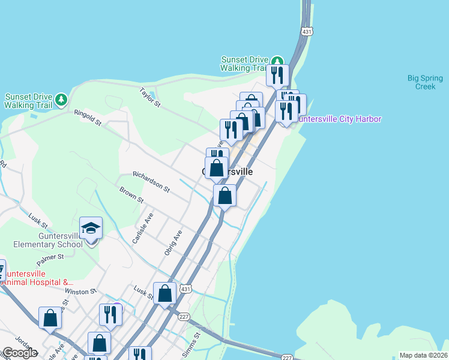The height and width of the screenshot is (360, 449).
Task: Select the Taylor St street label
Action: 149,98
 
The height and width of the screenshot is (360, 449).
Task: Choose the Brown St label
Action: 131,194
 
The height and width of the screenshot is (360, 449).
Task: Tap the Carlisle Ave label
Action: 143,228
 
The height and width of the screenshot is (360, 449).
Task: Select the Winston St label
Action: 80,292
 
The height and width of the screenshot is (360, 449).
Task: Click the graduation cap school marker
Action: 91,229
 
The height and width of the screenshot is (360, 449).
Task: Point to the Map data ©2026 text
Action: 423,355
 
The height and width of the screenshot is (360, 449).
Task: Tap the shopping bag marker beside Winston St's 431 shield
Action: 164,294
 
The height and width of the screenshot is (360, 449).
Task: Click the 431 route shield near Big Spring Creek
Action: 307,31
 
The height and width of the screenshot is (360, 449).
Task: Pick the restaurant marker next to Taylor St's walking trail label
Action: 277,75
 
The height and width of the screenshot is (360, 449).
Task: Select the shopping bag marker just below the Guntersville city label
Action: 224,196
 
